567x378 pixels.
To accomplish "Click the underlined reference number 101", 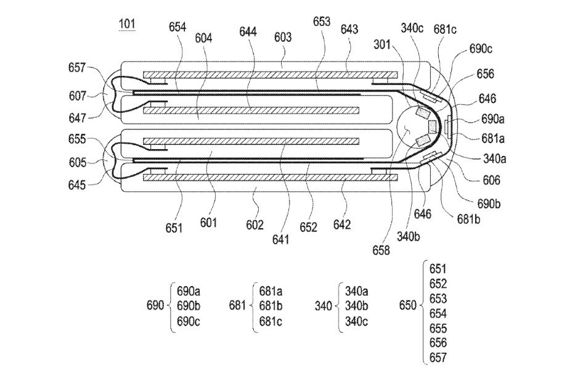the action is coord(127,24).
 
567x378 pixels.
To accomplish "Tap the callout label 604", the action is coord(203,38).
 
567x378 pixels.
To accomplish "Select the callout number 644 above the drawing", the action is coord(248,32).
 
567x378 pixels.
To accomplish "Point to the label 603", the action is coord(283,37).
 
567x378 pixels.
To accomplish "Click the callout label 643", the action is coord(349,29).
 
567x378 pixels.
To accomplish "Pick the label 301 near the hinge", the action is coord(382,44).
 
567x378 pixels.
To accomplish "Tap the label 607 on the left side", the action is coord(78,96).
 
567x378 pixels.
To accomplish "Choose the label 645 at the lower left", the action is coord(77,185).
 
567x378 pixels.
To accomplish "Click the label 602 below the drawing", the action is coord(255,224).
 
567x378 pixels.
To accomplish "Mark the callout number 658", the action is coord(381,250).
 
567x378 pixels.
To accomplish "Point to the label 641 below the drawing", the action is coord(281,239).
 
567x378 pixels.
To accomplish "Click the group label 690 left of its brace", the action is coord(155,305).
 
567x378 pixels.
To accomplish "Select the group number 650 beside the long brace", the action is coord(408,305).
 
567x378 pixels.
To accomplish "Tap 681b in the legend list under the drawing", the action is coord(271,306).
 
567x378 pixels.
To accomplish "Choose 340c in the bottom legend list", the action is coord(356,321).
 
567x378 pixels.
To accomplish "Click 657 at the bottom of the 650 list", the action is coord(438,358).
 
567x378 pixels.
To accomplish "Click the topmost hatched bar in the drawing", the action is coord(271,75).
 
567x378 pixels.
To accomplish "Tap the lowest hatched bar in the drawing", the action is coord(271,177).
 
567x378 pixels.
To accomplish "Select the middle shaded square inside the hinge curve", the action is coord(433,126).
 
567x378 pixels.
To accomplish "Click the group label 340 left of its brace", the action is coord(324,306).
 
